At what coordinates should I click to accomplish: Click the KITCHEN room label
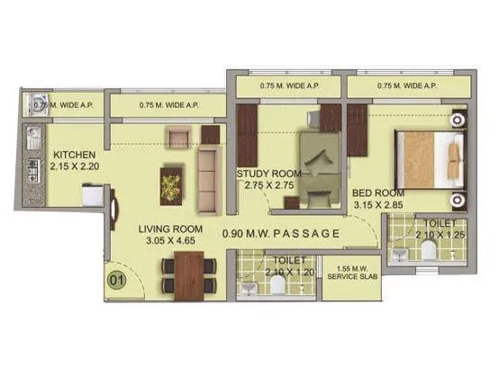(68, 153)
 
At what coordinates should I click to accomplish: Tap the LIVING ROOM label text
(174, 228)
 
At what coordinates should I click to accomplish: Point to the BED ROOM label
(377, 193)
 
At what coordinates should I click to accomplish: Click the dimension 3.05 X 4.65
(174, 241)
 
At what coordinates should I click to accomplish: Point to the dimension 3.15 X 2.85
(377, 206)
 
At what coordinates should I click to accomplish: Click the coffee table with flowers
(170, 184)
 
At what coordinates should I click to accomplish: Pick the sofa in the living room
(208, 175)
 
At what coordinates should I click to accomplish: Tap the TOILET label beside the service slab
(277, 261)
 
